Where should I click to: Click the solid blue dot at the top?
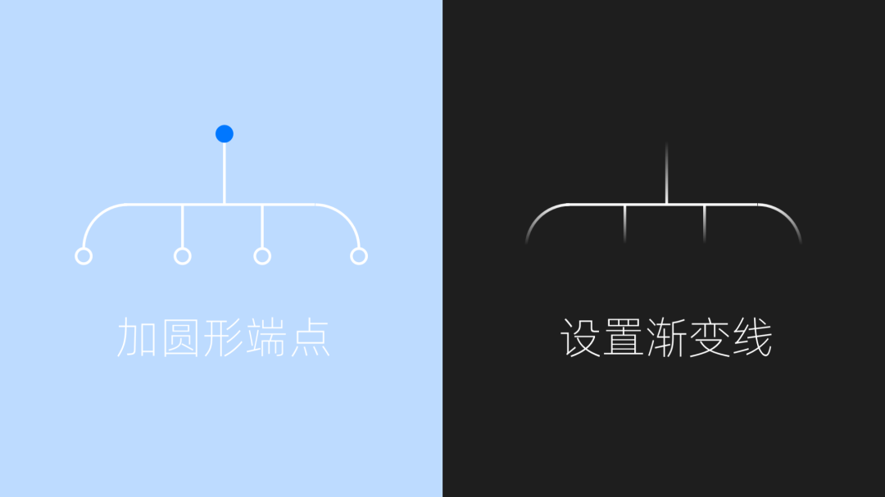pyautogui.click(x=225, y=133)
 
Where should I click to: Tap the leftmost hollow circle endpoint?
pyautogui.click(x=83, y=256)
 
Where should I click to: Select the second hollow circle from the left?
pyautogui.click(x=183, y=256)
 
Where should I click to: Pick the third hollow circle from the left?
pyautogui.click(x=262, y=256)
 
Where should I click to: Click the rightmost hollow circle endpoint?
pyautogui.click(x=358, y=256)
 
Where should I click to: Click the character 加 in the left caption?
pyautogui.click(x=138, y=338)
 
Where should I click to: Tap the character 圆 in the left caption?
pyautogui.click(x=180, y=338)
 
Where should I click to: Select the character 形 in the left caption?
pyautogui.click(x=223, y=338)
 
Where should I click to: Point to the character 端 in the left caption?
pyautogui.click(x=265, y=338)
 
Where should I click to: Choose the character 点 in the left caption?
pyautogui.click(x=309, y=338)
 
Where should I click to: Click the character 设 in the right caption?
pyautogui.click(x=581, y=338)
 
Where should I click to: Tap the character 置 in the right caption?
pyautogui.click(x=624, y=338)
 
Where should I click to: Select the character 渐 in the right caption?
pyautogui.click(x=666, y=338)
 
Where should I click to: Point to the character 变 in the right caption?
pyautogui.click(x=709, y=338)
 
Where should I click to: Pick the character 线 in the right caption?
pyautogui.click(x=751, y=338)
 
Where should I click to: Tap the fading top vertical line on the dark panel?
pyautogui.click(x=666, y=176)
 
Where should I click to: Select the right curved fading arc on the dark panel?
pyautogui.click(x=787, y=217)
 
